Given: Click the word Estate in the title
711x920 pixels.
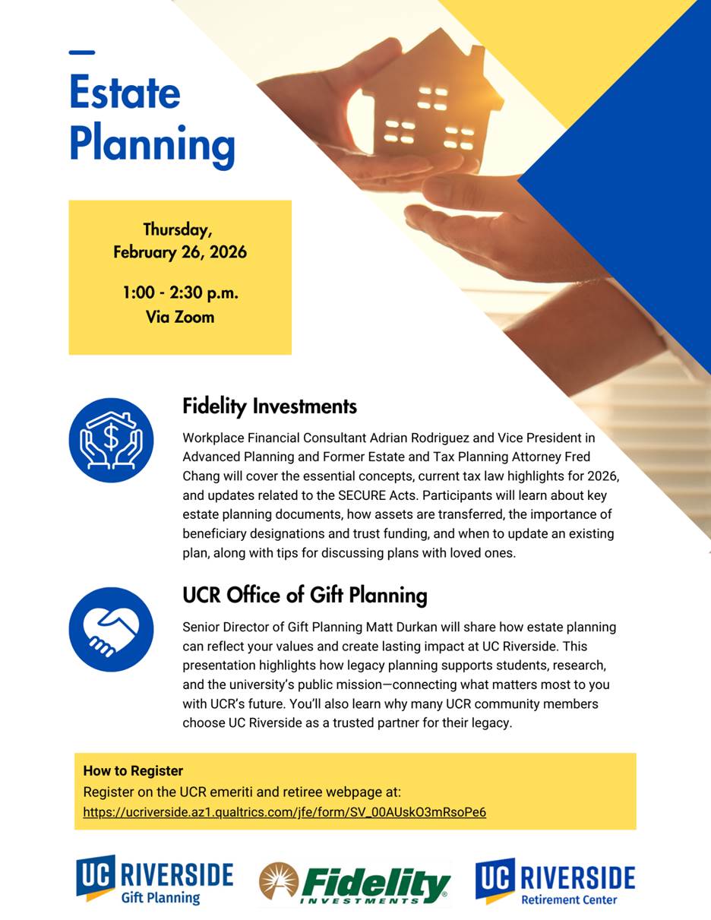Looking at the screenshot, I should (x=125, y=93).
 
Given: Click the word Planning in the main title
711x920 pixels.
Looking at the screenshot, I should (x=152, y=144).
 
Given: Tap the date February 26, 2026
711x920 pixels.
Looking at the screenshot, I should (x=180, y=252).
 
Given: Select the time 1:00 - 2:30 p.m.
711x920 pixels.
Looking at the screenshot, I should (x=180, y=292).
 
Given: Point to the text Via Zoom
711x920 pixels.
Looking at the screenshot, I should (x=180, y=317).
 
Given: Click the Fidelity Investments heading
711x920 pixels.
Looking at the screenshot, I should (x=269, y=406).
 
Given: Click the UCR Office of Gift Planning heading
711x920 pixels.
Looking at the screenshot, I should (x=305, y=595).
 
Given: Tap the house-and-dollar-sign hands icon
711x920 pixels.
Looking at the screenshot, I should (x=111, y=440).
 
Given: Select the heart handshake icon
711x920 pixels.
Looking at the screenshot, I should (x=111, y=629).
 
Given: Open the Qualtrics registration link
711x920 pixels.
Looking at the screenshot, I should (x=284, y=812).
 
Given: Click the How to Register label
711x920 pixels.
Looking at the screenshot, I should (x=133, y=770).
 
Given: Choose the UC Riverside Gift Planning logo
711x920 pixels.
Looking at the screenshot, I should (x=154, y=880).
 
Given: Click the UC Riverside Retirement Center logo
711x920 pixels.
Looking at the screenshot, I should (x=555, y=880).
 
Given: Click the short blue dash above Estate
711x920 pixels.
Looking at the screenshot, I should (x=81, y=52).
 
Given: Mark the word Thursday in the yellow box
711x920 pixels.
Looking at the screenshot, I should (x=178, y=229).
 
